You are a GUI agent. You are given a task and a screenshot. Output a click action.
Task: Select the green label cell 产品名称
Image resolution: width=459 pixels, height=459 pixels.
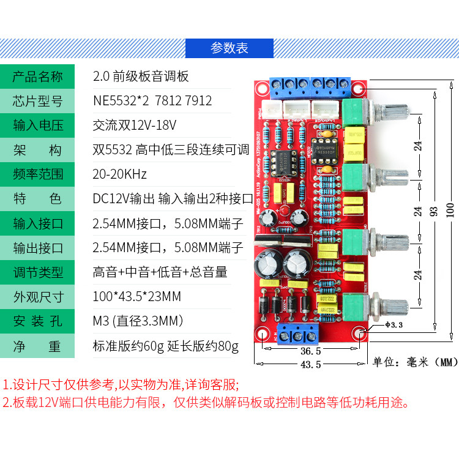(x=38, y=76)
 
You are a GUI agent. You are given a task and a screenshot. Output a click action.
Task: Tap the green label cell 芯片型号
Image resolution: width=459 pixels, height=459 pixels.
(x=38, y=101)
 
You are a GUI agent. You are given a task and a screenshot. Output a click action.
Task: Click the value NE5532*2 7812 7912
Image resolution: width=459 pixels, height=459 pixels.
(x=152, y=101)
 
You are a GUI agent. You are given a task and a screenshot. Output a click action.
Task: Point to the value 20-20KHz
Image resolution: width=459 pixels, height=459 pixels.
(x=120, y=174)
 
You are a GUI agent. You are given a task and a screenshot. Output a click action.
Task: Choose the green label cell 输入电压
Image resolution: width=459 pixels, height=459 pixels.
(x=38, y=125)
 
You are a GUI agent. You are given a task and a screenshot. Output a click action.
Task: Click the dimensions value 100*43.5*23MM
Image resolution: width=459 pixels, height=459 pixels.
(x=137, y=297)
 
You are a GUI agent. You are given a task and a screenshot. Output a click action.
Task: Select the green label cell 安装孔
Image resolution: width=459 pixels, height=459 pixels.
(x=38, y=321)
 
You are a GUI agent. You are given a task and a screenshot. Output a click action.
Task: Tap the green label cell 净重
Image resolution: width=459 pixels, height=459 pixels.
(x=38, y=346)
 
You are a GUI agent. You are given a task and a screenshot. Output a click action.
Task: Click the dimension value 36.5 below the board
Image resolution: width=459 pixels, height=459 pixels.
(x=311, y=351)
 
